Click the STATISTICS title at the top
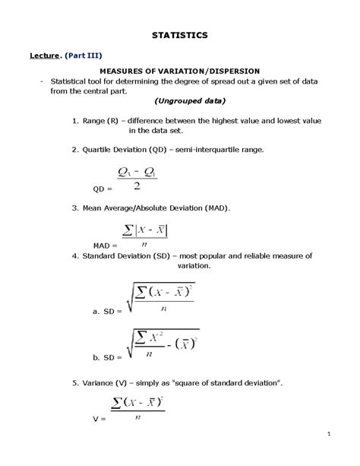[x=179, y=35]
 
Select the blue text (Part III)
[x=84, y=55]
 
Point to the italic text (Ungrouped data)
[x=180, y=101]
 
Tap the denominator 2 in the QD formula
[x=134, y=185]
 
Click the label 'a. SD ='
[x=106, y=312]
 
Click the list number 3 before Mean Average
[x=74, y=208]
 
